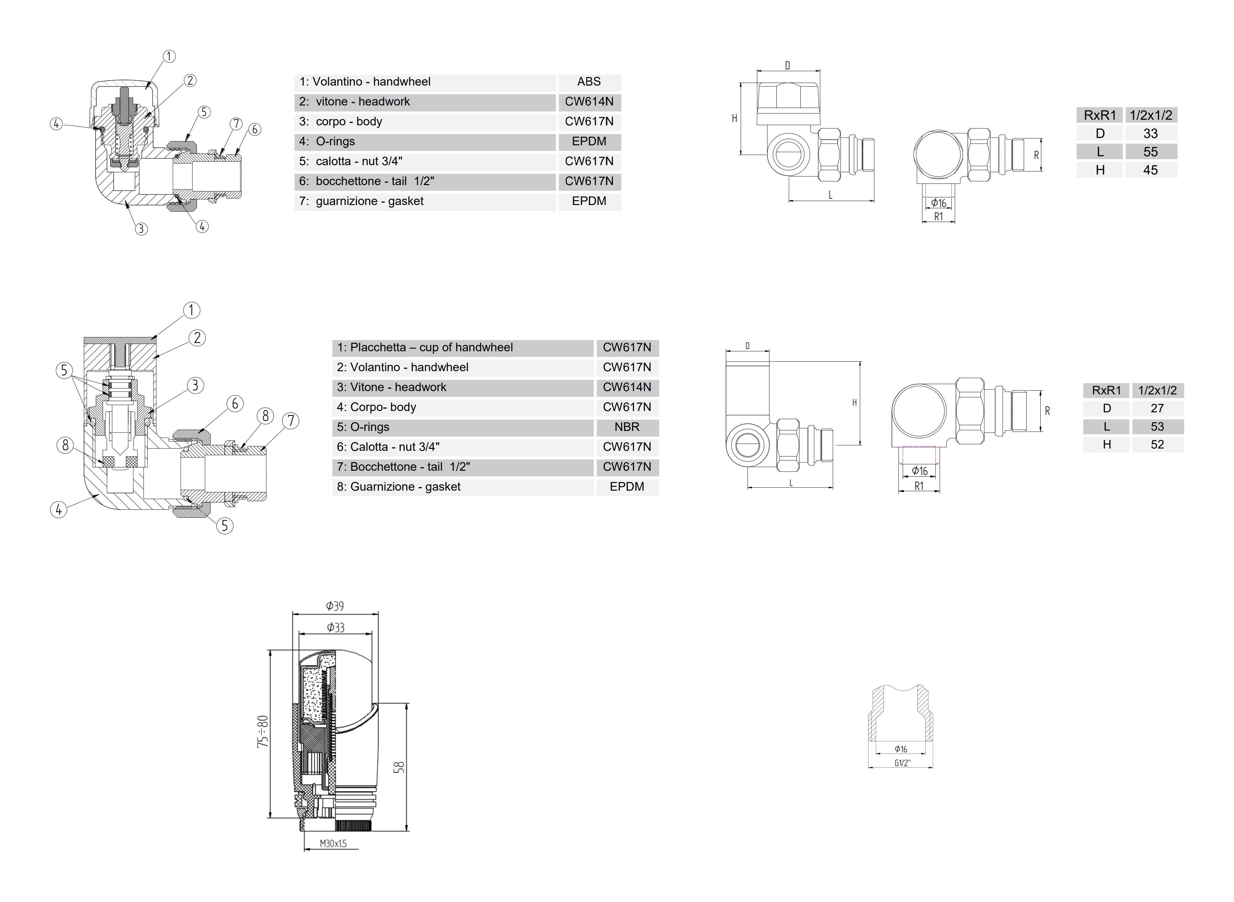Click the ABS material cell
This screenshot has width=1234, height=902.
pos(588,82)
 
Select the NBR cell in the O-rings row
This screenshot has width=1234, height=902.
pos(626,427)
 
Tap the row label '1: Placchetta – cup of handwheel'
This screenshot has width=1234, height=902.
pos(425,348)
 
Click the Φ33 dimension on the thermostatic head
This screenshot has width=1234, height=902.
pos(335,627)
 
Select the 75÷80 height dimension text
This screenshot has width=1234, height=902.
pos(263,731)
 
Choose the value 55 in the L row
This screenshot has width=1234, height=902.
pos(1150,152)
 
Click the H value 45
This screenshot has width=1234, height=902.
pos(1150,170)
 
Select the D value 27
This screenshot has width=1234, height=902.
pos(1157,408)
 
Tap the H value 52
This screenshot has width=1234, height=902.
pos(1157,445)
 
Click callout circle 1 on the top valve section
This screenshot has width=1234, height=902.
pos(169,56)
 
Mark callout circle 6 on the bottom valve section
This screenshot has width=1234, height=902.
pos(235,404)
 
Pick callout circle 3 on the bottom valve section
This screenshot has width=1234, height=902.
pos(195,385)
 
